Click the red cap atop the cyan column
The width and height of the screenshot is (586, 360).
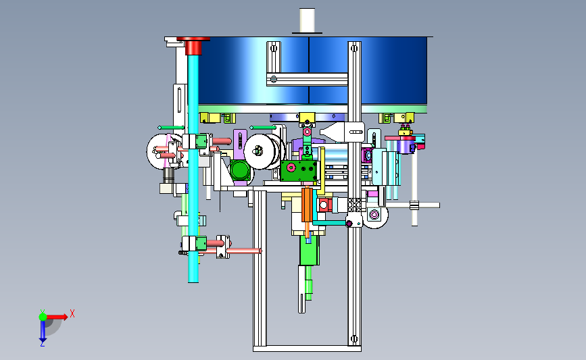click(193, 45)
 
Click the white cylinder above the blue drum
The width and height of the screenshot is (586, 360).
click(308, 20)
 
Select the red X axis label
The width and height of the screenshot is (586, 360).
click(72, 313)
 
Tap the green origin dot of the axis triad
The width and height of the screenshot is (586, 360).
click(43, 317)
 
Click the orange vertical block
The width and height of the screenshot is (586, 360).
click(307, 205)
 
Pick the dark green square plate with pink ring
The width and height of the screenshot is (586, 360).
click(299, 170)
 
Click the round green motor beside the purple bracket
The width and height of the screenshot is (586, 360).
click(240, 170)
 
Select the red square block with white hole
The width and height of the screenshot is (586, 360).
click(324, 205)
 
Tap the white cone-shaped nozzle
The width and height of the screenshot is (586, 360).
click(333, 132)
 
